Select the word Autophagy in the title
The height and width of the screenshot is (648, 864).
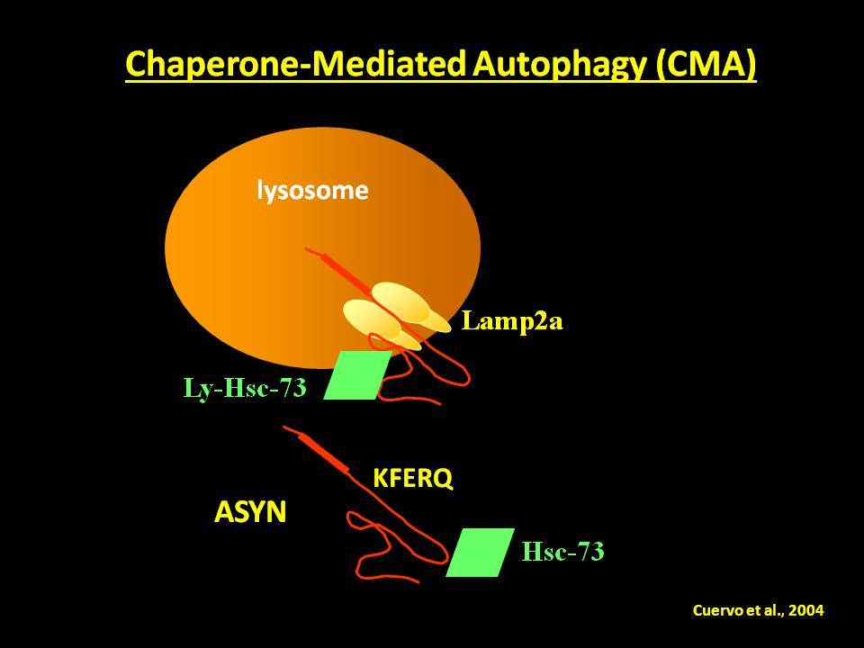tap(559, 65)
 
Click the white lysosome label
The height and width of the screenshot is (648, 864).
tap(312, 191)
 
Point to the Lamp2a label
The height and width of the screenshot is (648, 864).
tap(512, 320)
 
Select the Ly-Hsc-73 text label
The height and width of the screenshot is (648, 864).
tap(245, 389)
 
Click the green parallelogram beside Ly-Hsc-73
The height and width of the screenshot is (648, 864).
tap(357, 374)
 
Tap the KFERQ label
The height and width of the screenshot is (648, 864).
tap(413, 478)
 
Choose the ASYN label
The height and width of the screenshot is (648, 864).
tap(250, 512)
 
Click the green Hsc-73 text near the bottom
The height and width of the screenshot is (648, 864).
tap(562, 552)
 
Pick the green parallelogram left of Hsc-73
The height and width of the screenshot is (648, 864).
tap(480, 552)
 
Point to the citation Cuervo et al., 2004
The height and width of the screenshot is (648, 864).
tap(758, 610)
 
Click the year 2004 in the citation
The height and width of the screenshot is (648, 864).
tap(806, 610)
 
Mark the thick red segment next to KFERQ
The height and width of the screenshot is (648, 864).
tap(324, 453)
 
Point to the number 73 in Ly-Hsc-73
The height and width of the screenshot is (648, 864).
tap(293, 388)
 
